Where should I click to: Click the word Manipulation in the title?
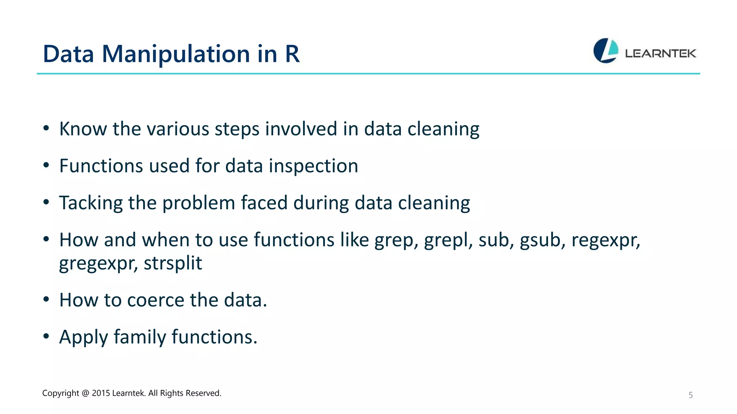click(176, 54)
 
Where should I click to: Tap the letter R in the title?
click(292, 54)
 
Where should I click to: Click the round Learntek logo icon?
click(606, 51)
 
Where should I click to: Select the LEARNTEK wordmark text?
click(660, 54)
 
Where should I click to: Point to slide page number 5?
click(690, 395)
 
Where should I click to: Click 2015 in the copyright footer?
click(101, 393)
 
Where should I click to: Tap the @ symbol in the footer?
click(85, 393)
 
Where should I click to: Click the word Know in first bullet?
click(83, 129)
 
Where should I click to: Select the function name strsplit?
click(173, 263)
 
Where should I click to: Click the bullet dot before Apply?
click(46, 336)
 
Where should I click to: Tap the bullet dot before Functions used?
click(46, 165)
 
